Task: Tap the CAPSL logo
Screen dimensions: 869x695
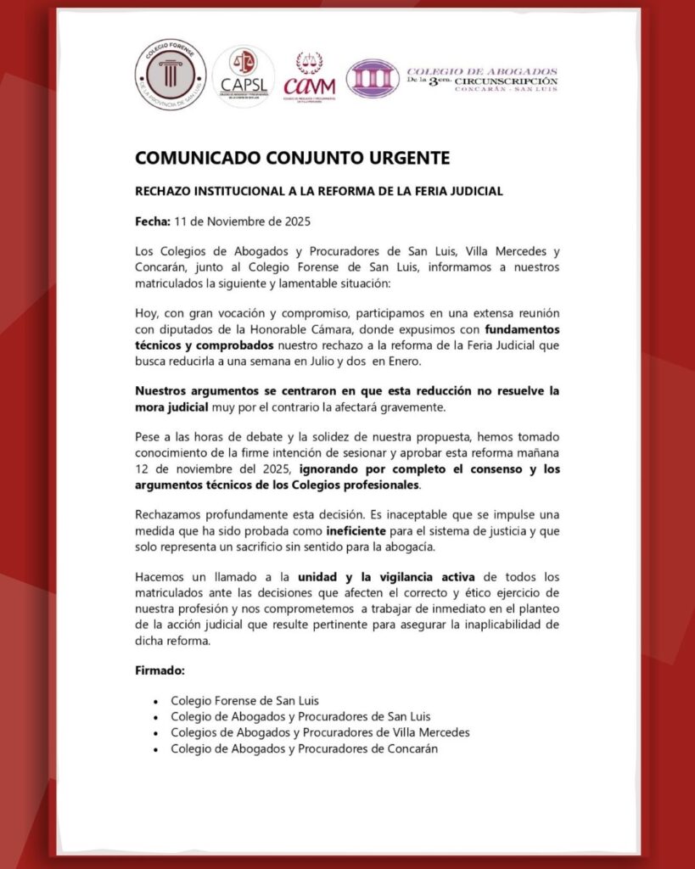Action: (243, 78)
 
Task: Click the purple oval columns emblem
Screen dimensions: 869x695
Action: (373, 79)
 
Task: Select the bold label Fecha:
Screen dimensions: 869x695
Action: (153, 222)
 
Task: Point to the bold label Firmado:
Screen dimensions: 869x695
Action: (160, 670)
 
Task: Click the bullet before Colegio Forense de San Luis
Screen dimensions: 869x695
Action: (155, 702)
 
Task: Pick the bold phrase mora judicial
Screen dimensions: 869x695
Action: (173, 407)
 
